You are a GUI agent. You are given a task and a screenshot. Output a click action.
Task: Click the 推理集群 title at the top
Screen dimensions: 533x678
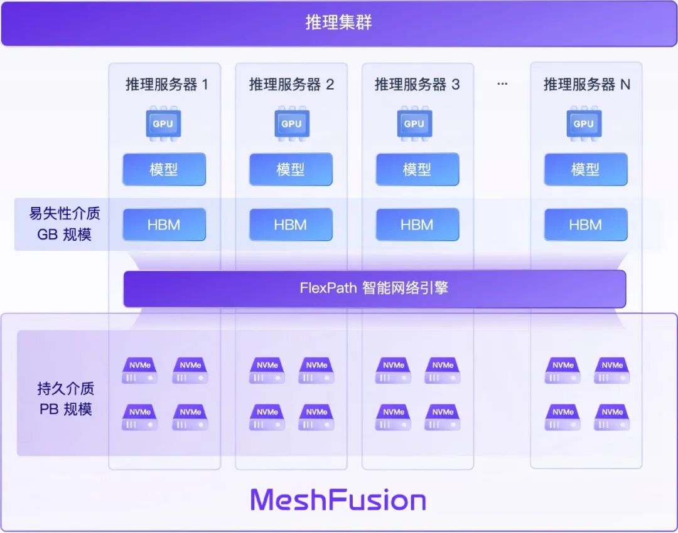[x=338, y=23]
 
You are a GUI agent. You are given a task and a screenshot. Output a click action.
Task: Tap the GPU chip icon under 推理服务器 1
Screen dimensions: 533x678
[x=163, y=124]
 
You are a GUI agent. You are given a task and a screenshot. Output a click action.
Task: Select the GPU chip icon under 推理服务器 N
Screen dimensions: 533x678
[x=584, y=124]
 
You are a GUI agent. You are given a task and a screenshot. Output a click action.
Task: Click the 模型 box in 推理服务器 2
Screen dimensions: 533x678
[x=290, y=169]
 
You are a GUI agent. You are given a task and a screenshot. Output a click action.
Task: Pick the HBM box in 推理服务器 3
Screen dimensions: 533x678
[x=417, y=224]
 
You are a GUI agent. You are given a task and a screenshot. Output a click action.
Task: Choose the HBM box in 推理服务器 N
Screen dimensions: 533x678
[x=585, y=224]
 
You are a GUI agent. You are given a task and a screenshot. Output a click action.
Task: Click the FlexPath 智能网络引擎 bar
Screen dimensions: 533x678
[x=374, y=288]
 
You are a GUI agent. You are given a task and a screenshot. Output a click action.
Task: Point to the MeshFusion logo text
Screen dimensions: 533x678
[x=338, y=500]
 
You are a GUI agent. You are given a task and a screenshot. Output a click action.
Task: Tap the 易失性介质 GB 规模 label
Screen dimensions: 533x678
[x=64, y=224]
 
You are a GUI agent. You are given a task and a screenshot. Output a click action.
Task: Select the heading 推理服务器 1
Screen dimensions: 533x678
[x=166, y=85]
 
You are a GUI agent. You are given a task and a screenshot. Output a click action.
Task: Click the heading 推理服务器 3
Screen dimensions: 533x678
[x=417, y=85]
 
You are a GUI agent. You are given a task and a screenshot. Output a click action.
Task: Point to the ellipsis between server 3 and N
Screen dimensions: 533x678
[x=502, y=84]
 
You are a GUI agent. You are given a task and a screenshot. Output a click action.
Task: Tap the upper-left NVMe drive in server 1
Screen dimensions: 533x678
[x=139, y=371]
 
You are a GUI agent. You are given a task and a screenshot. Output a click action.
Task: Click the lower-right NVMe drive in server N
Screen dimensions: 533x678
[x=612, y=417]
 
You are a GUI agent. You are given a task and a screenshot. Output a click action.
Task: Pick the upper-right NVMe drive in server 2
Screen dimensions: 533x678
[x=316, y=371]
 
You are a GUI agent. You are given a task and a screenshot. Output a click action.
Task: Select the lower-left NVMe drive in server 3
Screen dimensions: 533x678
[x=394, y=417]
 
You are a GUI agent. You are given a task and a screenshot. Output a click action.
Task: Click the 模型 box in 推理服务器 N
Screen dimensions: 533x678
[x=585, y=169]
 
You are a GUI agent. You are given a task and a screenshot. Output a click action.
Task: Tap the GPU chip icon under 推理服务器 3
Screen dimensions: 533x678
[x=414, y=124]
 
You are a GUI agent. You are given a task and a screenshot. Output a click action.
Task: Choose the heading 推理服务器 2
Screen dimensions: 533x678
[x=291, y=85]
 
